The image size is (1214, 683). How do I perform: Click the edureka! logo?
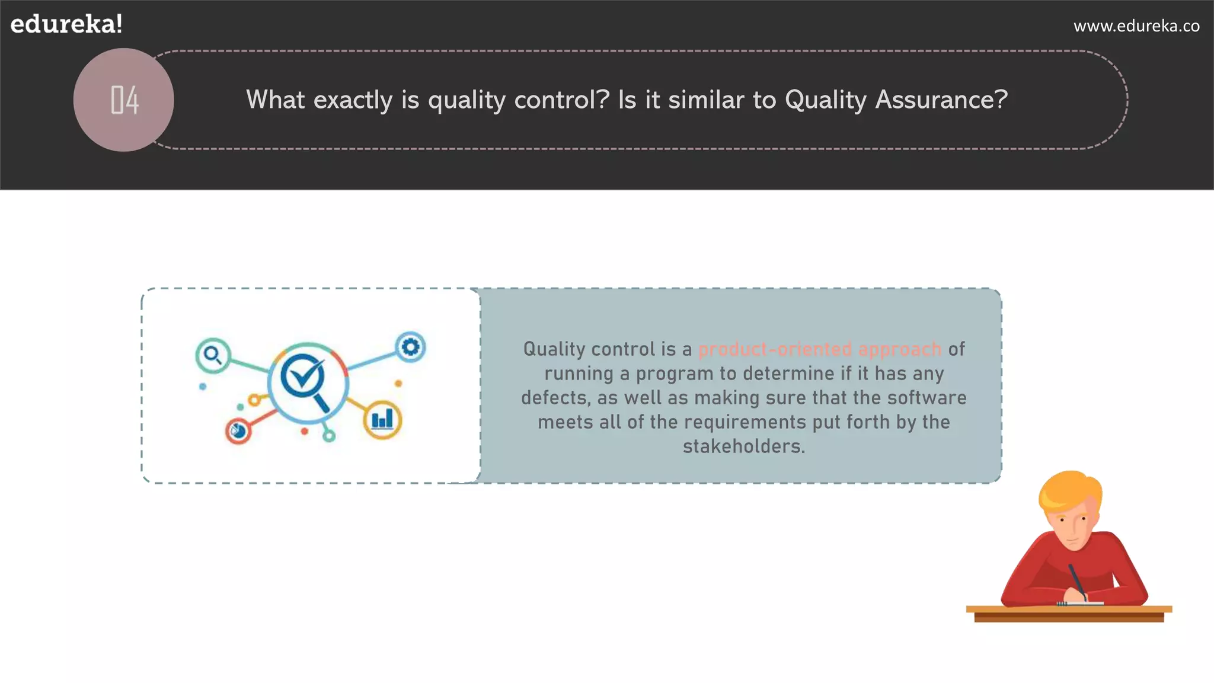(x=66, y=24)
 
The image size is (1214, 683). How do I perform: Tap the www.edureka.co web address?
(x=1136, y=26)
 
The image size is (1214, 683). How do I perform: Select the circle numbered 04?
(x=124, y=100)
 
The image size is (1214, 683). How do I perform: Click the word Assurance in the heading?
(x=941, y=100)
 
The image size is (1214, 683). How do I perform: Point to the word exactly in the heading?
(x=353, y=100)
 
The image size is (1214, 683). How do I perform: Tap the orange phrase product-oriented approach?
(x=820, y=349)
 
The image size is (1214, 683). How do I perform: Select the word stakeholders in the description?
(x=743, y=446)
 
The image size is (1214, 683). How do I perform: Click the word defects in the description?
(x=555, y=398)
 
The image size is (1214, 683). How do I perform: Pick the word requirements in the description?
(x=745, y=422)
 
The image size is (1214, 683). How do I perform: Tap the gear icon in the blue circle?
(x=411, y=347)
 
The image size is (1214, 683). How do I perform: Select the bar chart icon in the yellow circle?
(x=382, y=420)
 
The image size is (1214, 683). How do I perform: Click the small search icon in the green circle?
(x=212, y=355)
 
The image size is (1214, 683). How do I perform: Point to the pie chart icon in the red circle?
(x=238, y=431)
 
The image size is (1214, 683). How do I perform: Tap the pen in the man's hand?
(x=1077, y=580)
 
